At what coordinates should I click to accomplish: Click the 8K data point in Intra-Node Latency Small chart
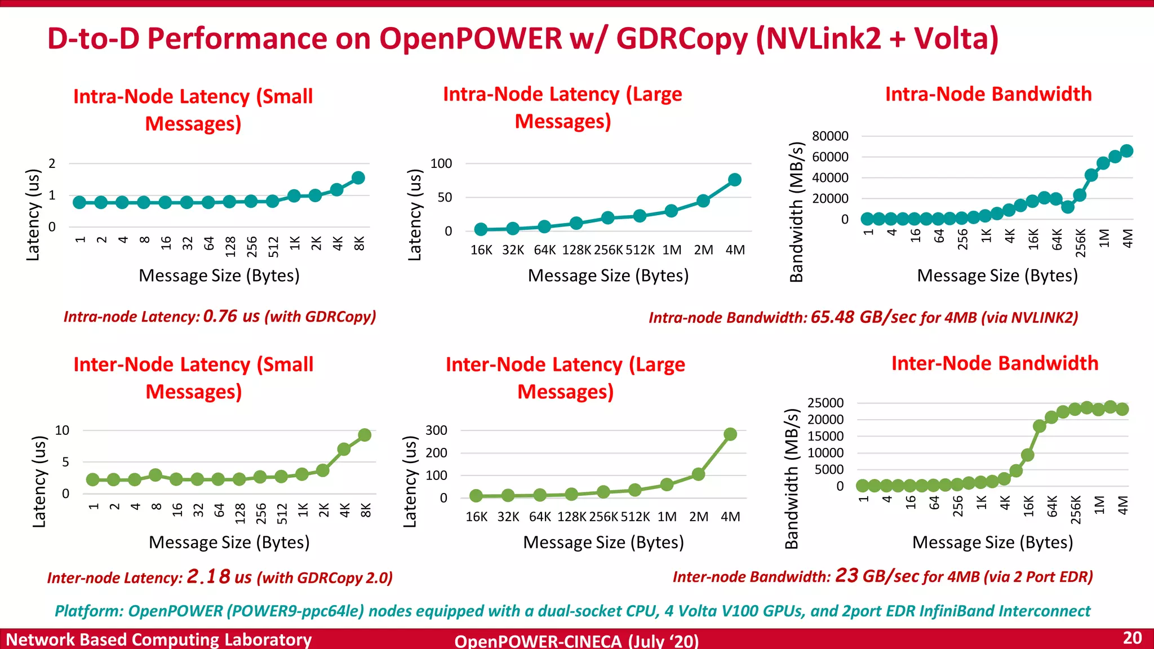(358, 178)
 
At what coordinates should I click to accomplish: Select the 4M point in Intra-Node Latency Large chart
(734, 180)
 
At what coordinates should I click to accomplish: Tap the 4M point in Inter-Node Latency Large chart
(730, 434)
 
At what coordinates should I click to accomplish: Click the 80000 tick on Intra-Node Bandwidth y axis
(830, 136)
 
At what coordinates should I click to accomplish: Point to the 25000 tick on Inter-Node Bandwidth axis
(825, 403)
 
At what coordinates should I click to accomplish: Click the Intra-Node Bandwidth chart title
(988, 94)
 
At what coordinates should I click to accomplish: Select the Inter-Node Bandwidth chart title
(995, 363)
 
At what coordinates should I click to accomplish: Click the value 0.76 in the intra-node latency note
(220, 316)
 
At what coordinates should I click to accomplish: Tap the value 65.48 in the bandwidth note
(832, 317)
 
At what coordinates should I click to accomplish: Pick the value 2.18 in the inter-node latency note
(208, 576)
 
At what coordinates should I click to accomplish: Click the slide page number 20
(1132, 638)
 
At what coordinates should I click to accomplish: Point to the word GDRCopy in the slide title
(682, 39)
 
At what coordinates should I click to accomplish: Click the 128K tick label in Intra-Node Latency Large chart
(576, 250)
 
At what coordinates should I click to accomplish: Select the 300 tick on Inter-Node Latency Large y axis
(436, 430)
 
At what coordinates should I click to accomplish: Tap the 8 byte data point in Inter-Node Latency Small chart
(156, 475)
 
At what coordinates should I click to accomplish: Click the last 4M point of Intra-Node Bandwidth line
(1126, 150)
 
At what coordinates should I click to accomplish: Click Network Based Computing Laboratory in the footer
(158, 639)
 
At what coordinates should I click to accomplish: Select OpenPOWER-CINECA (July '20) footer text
(576, 641)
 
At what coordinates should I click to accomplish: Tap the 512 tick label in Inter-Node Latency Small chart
(281, 513)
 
